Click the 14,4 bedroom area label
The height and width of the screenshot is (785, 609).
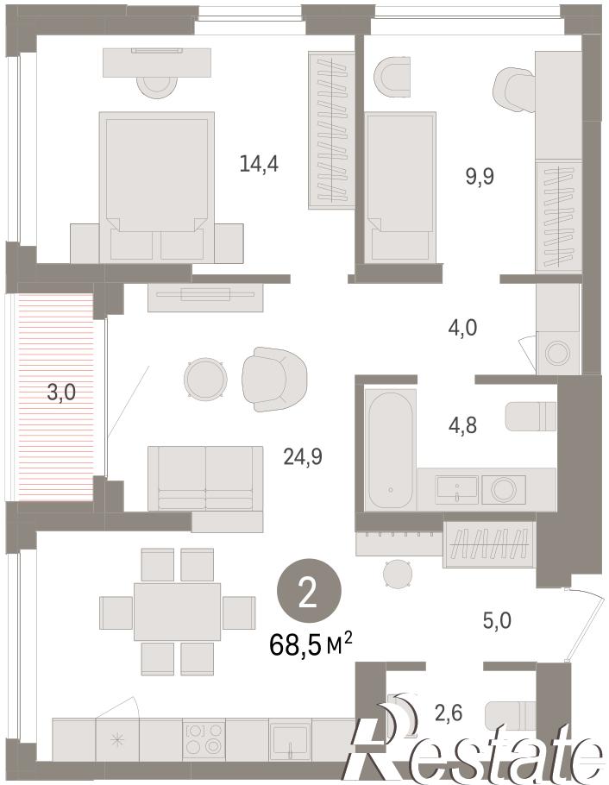259,164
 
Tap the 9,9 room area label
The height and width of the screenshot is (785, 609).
480,176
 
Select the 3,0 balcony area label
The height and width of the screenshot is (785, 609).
61,392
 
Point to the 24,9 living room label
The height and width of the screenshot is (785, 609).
303,456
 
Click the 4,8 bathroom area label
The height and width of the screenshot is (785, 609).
462,425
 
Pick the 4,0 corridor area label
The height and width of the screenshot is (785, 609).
462,328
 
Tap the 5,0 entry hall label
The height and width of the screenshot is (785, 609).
497,621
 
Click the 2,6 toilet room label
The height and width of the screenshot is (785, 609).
449,713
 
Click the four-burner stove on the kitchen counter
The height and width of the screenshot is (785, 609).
204,740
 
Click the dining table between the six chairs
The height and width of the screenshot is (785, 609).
178,612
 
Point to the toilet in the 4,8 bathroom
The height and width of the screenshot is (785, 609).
531,416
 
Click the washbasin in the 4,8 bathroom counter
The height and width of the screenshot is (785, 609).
457,488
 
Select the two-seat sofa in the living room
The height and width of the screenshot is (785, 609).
205,479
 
